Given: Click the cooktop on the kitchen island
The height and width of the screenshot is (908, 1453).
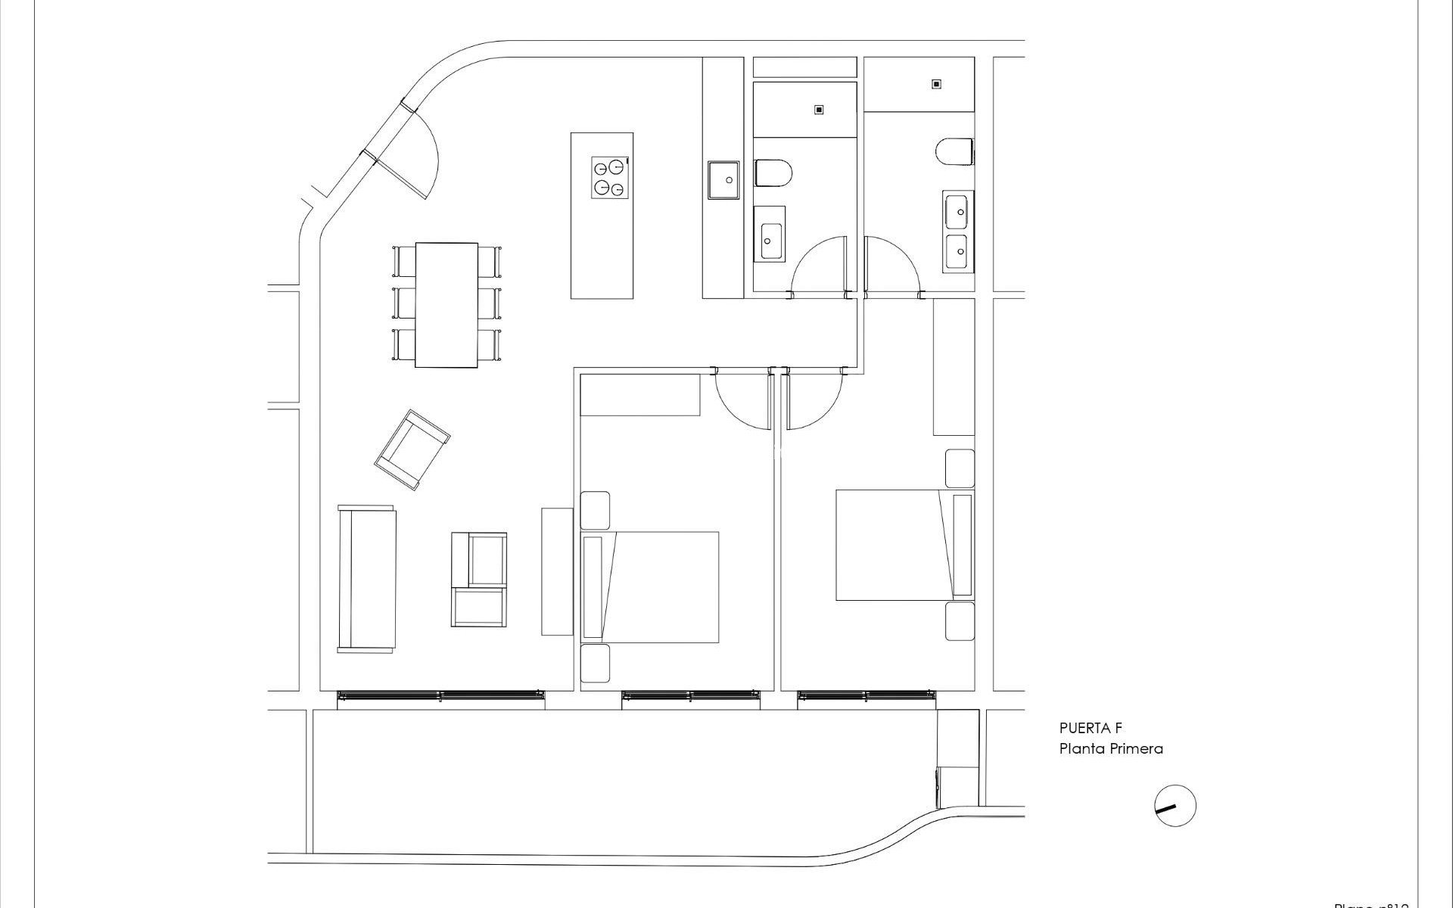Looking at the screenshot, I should click(610, 178).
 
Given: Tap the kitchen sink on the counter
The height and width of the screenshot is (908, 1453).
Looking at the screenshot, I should click(724, 180).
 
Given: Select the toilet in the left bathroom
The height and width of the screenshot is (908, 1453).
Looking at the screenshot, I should click(773, 173).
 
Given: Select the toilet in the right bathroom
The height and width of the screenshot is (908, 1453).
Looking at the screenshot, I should click(954, 151).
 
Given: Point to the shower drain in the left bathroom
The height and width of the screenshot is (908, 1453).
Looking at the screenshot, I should click(819, 110).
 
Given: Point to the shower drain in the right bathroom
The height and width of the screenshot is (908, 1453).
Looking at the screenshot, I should click(936, 84).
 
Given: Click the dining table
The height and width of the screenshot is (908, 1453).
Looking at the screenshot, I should click(446, 304).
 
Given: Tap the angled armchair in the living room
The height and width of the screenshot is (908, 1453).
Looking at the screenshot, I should click(412, 449).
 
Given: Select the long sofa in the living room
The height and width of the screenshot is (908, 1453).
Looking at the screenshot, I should click(367, 579).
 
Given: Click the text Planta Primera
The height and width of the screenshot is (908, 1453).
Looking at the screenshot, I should click(1100, 749).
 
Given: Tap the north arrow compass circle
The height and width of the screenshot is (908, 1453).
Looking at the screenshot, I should click(1175, 806).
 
